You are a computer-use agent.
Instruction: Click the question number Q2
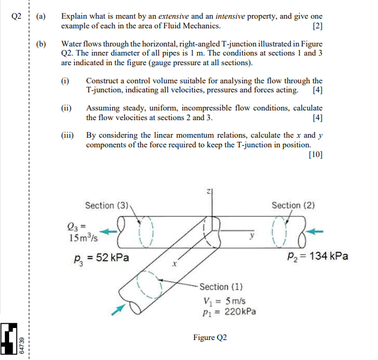[18, 16]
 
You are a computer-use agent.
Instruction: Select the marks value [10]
[315, 155]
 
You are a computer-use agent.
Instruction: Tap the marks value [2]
[318, 26]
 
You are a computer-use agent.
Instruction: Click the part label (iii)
[69, 135]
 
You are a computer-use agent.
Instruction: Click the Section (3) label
[107, 205]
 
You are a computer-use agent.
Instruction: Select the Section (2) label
[293, 205]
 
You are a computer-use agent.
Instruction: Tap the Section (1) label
[222, 287]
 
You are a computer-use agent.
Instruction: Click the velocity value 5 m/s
[232, 301]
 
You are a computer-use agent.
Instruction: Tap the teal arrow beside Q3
[109, 230]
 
